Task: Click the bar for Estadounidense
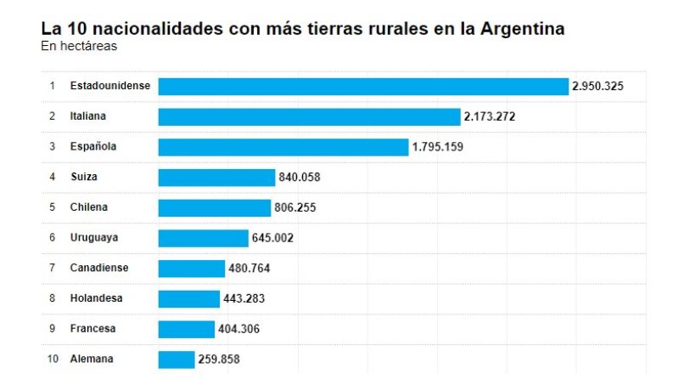(x=363, y=86)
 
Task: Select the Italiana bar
(x=309, y=116)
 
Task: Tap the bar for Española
(x=283, y=147)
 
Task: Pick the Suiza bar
(x=216, y=177)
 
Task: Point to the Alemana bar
(x=177, y=359)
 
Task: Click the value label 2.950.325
(x=597, y=86)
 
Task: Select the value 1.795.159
(x=437, y=147)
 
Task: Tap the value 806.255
(x=295, y=207)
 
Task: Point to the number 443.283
(x=246, y=298)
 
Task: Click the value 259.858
(x=219, y=359)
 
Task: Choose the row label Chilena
(x=89, y=207)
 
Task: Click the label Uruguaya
(x=93, y=238)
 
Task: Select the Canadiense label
(x=99, y=268)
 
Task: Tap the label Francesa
(x=93, y=328)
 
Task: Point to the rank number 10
(x=53, y=359)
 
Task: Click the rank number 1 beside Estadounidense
(x=52, y=86)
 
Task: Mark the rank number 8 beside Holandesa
(x=52, y=298)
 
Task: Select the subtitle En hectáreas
(x=79, y=47)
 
